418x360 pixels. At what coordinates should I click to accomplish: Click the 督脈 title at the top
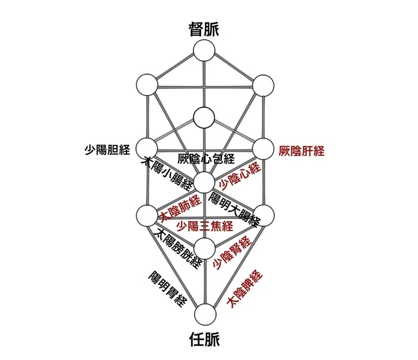(204, 29)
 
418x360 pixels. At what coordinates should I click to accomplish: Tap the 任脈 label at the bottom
(204, 339)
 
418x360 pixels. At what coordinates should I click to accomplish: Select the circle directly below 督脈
(204, 50)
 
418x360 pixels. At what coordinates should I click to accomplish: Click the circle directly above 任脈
(205, 315)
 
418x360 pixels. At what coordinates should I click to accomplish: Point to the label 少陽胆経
(108, 150)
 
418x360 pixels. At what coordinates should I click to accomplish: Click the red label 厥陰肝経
(301, 151)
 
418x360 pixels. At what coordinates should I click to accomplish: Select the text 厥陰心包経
(206, 159)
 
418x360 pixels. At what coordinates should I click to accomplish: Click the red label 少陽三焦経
(205, 226)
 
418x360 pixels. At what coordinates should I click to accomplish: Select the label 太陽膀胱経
(179, 248)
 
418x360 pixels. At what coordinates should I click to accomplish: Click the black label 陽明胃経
(168, 289)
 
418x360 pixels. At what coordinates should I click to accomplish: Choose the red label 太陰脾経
(245, 289)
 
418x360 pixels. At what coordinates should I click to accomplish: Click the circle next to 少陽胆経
(147, 148)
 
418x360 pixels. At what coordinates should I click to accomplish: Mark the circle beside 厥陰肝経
(263, 149)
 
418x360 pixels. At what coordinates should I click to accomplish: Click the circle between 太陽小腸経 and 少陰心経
(204, 182)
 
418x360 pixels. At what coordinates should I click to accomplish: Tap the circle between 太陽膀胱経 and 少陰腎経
(204, 248)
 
